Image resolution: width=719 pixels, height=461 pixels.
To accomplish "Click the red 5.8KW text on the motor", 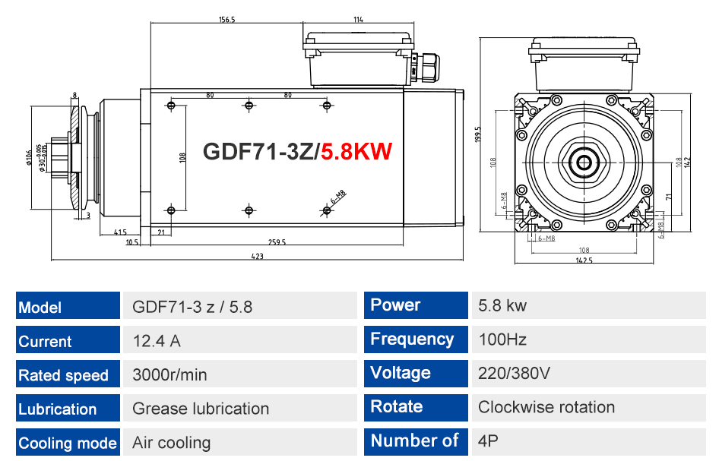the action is (x=356, y=152).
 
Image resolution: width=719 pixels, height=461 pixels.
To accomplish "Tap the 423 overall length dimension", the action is (x=257, y=256).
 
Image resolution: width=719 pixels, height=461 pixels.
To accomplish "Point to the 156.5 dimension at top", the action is (x=226, y=20).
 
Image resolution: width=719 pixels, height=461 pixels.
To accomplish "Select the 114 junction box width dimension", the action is (x=358, y=20).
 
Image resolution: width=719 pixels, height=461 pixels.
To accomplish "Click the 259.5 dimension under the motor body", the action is (x=277, y=242).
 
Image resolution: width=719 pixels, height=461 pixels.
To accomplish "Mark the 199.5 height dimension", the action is (x=478, y=134).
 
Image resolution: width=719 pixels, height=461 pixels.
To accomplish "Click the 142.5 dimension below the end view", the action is (x=584, y=260).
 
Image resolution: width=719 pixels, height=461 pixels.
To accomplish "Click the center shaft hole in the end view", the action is (x=584, y=163).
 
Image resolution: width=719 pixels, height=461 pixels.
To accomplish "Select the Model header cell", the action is (x=68, y=305).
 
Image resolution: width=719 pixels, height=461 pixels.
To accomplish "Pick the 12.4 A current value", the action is (x=157, y=341).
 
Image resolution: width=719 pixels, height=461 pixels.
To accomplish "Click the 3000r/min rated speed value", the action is (x=169, y=375).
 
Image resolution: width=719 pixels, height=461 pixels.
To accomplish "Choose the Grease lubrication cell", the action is (x=240, y=408).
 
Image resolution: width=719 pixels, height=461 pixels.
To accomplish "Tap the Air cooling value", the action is (x=172, y=443).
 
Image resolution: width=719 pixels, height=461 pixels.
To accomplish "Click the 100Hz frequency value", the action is (x=502, y=339).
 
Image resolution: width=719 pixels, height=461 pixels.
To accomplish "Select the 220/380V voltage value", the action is (x=514, y=373).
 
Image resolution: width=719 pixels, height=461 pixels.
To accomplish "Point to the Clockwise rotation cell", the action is (x=589, y=408).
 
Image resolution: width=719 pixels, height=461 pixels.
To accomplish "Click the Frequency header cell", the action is (x=416, y=339).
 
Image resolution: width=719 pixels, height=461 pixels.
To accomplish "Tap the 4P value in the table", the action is (x=488, y=440).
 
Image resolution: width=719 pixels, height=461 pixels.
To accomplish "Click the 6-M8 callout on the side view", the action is (x=338, y=197).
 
